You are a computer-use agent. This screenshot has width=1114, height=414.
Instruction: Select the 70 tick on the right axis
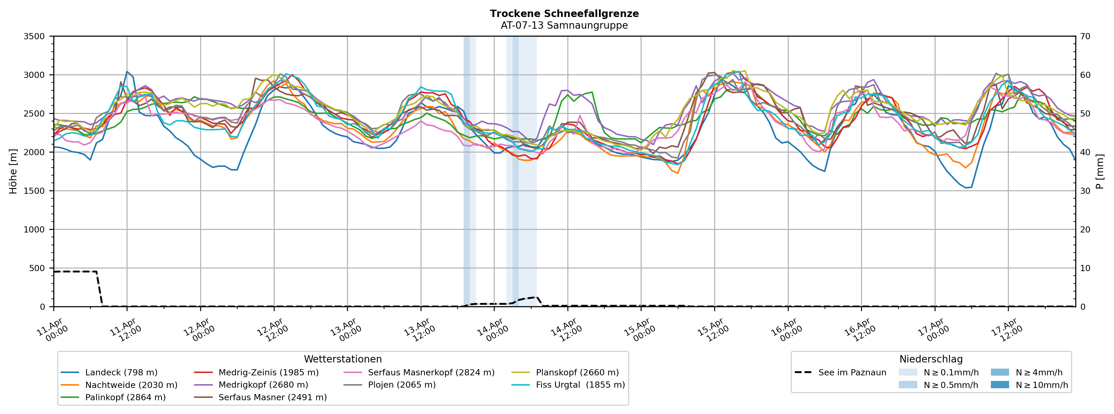[x=1085, y=36]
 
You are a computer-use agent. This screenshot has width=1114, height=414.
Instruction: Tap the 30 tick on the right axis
[x=1085, y=191]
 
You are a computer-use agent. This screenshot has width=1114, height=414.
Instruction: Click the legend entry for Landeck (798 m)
[x=121, y=372]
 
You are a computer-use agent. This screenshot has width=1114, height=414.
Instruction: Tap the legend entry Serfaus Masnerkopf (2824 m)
[x=431, y=372]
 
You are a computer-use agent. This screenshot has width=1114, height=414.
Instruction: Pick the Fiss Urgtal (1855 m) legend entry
[x=580, y=385]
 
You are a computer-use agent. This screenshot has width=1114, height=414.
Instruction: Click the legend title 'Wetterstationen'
[x=343, y=359]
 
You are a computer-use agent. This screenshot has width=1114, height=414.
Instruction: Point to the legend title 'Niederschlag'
[x=931, y=359]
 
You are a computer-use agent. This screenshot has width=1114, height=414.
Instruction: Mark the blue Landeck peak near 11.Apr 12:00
[x=127, y=72]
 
